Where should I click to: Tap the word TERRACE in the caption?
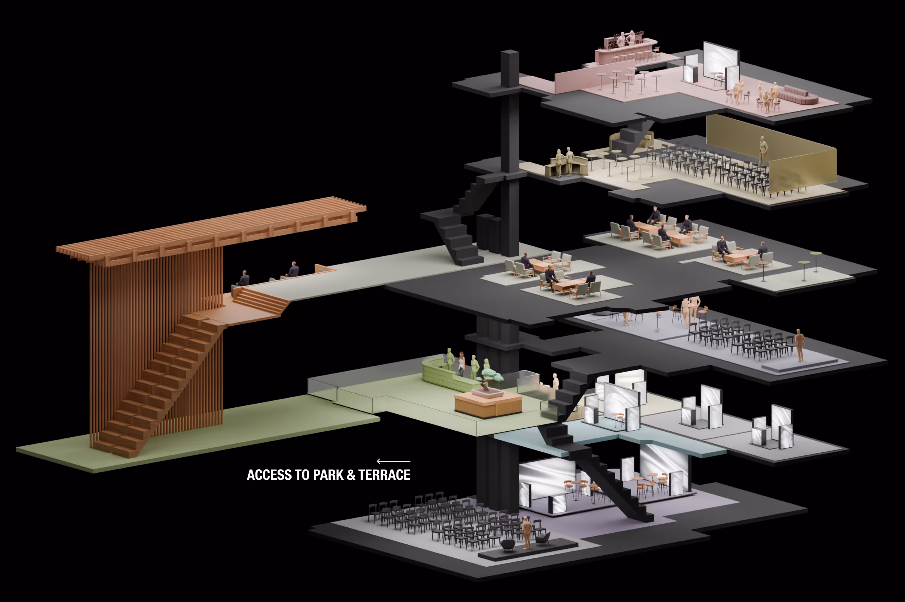pos(385,475)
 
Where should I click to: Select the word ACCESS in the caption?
pos(269,475)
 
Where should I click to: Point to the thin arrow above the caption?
pos(393,461)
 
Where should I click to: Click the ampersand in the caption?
pos(351,475)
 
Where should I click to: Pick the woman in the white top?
pos(461,363)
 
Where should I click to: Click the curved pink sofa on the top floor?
pos(799,95)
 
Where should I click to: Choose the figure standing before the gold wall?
pos(763,151)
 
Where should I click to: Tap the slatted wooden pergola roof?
pos(211,230)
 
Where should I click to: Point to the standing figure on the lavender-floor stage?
pos(799,345)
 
